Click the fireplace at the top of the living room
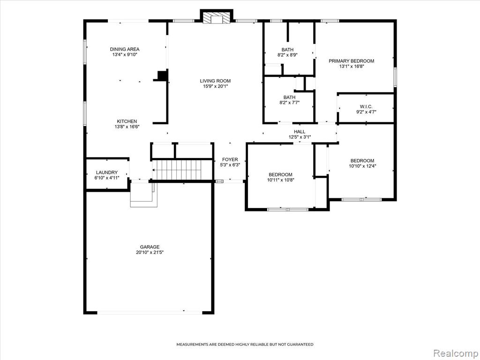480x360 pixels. pyautogui.click(x=217, y=17)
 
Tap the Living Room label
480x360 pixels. pyautogui.click(x=215, y=81)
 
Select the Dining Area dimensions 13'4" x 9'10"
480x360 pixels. pyautogui.click(x=125, y=55)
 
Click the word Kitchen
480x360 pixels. pyautogui.click(x=127, y=121)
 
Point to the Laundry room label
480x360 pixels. pyautogui.click(x=106, y=172)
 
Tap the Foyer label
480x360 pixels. pyautogui.click(x=230, y=159)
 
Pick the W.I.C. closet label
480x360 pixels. pyautogui.click(x=366, y=106)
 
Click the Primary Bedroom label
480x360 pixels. pyautogui.click(x=352, y=61)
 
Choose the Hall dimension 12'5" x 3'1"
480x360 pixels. pyautogui.click(x=300, y=137)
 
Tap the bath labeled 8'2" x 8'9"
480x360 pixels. pyautogui.click(x=287, y=52)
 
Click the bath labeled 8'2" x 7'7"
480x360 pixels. pyautogui.click(x=289, y=100)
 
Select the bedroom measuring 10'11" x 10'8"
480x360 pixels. pyautogui.click(x=281, y=177)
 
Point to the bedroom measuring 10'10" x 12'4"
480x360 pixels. pyautogui.click(x=362, y=163)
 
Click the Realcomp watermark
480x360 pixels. pyautogui.click(x=454, y=353)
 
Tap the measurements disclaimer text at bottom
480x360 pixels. pyautogui.click(x=245, y=345)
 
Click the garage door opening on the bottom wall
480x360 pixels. pyautogui.click(x=150, y=313)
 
